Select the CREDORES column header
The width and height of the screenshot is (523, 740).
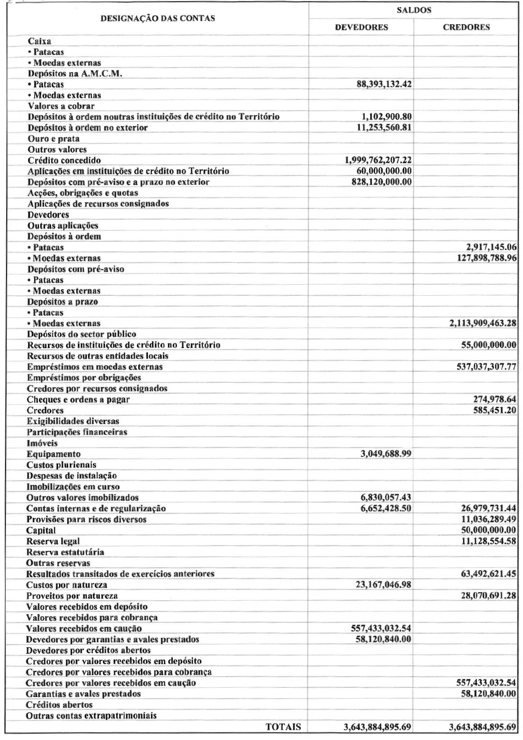466,27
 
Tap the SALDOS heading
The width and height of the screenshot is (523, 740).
414,10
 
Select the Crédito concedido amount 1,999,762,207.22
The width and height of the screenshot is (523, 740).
378,160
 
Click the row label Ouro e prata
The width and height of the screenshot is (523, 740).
53,139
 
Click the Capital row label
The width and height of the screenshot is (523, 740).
41,531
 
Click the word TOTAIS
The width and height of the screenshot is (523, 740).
283,727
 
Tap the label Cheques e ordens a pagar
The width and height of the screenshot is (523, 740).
78,400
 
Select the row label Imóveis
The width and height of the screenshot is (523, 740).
42,443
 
